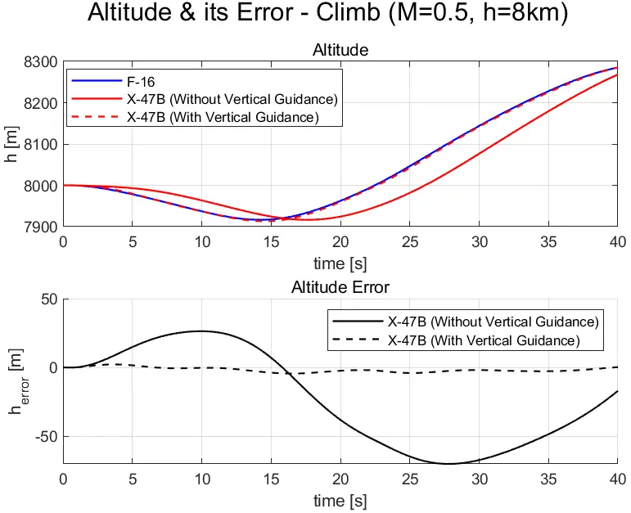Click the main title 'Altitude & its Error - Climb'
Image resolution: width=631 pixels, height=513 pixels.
(x=315, y=18)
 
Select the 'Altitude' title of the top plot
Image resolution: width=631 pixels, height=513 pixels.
(x=340, y=51)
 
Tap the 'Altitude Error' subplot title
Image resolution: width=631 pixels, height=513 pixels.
(x=340, y=287)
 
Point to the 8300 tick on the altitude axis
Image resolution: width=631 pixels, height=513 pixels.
(x=40, y=62)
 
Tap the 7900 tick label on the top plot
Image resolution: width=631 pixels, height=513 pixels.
(x=40, y=227)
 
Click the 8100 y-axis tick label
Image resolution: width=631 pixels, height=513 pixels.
(x=40, y=145)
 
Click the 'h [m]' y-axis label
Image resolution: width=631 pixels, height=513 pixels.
(x=12, y=144)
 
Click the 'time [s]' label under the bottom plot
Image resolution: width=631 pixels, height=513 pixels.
(x=340, y=499)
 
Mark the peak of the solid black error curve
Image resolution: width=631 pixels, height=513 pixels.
(x=201, y=331)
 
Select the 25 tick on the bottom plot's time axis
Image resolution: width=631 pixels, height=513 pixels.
(x=410, y=479)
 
